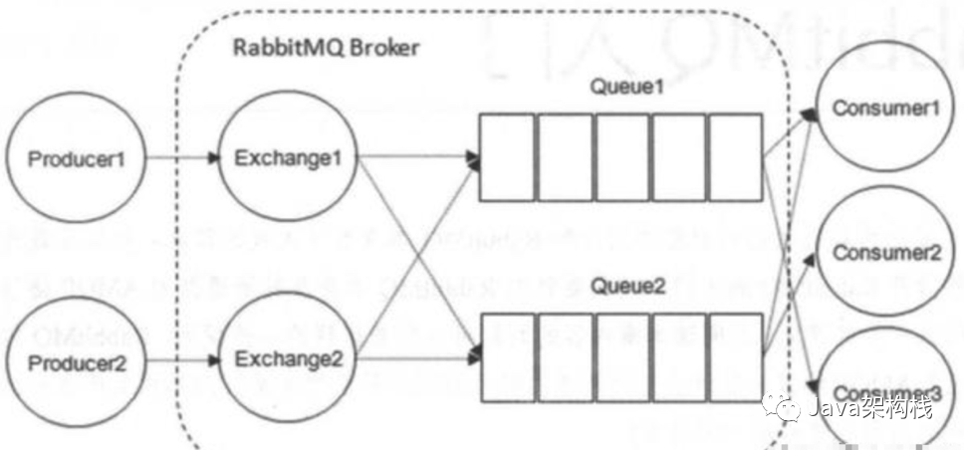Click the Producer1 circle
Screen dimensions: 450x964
pyautogui.click(x=77, y=159)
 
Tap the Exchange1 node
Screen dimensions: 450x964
pyautogui.click(x=286, y=159)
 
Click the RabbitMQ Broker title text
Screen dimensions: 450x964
pyautogui.click(x=326, y=48)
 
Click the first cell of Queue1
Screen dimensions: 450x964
pyautogui.click(x=508, y=156)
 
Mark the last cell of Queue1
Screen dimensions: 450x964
pyautogui.click(x=736, y=156)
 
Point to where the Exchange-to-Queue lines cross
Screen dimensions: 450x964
pyautogui.click(x=415, y=256)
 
